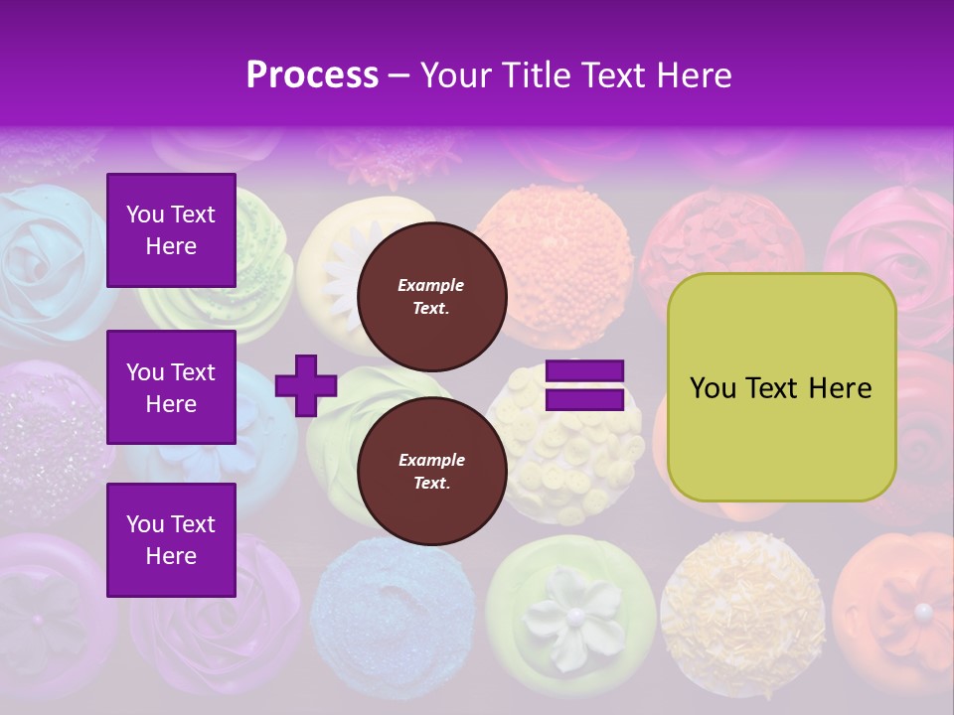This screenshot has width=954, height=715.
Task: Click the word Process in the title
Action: click(x=312, y=75)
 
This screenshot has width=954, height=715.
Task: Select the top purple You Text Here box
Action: click(x=171, y=230)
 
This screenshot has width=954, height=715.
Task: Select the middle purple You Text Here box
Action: click(x=171, y=387)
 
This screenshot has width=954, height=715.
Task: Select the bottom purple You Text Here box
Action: click(x=171, y=539)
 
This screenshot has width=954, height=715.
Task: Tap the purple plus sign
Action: click(x=306, y=385)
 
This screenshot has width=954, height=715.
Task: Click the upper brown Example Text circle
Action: click(x=431, y=296)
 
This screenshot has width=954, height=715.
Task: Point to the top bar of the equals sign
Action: click(x=584, y=371)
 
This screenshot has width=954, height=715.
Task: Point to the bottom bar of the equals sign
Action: click(x=584, y=399)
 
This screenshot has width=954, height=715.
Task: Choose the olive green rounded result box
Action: click(x=781, y=387)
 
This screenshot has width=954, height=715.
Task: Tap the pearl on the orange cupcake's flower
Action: click(x=923, y=611)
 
